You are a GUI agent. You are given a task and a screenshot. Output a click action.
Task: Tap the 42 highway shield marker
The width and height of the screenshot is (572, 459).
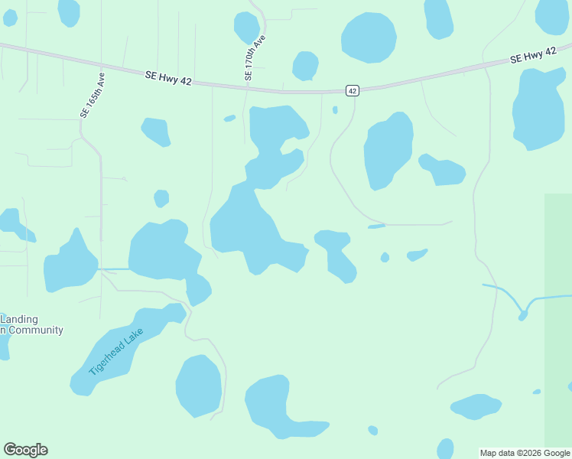(352, 90)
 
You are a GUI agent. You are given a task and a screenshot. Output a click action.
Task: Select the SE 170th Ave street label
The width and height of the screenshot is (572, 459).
(255, 58)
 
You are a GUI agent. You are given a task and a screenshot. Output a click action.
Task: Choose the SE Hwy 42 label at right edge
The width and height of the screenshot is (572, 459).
(533, 55)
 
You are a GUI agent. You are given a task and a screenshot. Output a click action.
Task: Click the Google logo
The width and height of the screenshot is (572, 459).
(25, 450)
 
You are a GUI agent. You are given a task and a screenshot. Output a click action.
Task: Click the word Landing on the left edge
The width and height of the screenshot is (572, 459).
(19, 319)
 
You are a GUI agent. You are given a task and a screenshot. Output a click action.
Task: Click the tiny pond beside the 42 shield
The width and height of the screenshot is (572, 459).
(335, 110)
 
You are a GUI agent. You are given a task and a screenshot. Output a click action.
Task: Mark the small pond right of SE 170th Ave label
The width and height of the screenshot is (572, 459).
(305, 65)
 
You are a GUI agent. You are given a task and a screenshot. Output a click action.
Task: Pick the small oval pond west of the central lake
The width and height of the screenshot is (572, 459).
(161, 198)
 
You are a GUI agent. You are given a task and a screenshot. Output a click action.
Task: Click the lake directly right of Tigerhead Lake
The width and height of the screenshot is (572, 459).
(199, 385)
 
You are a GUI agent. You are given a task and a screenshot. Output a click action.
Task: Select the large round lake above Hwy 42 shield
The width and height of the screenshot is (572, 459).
(369, 37)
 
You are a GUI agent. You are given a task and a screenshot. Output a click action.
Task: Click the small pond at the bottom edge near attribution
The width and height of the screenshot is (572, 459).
(445, 448)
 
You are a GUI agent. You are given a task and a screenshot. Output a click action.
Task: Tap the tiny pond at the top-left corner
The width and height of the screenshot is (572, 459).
(9, 18)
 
